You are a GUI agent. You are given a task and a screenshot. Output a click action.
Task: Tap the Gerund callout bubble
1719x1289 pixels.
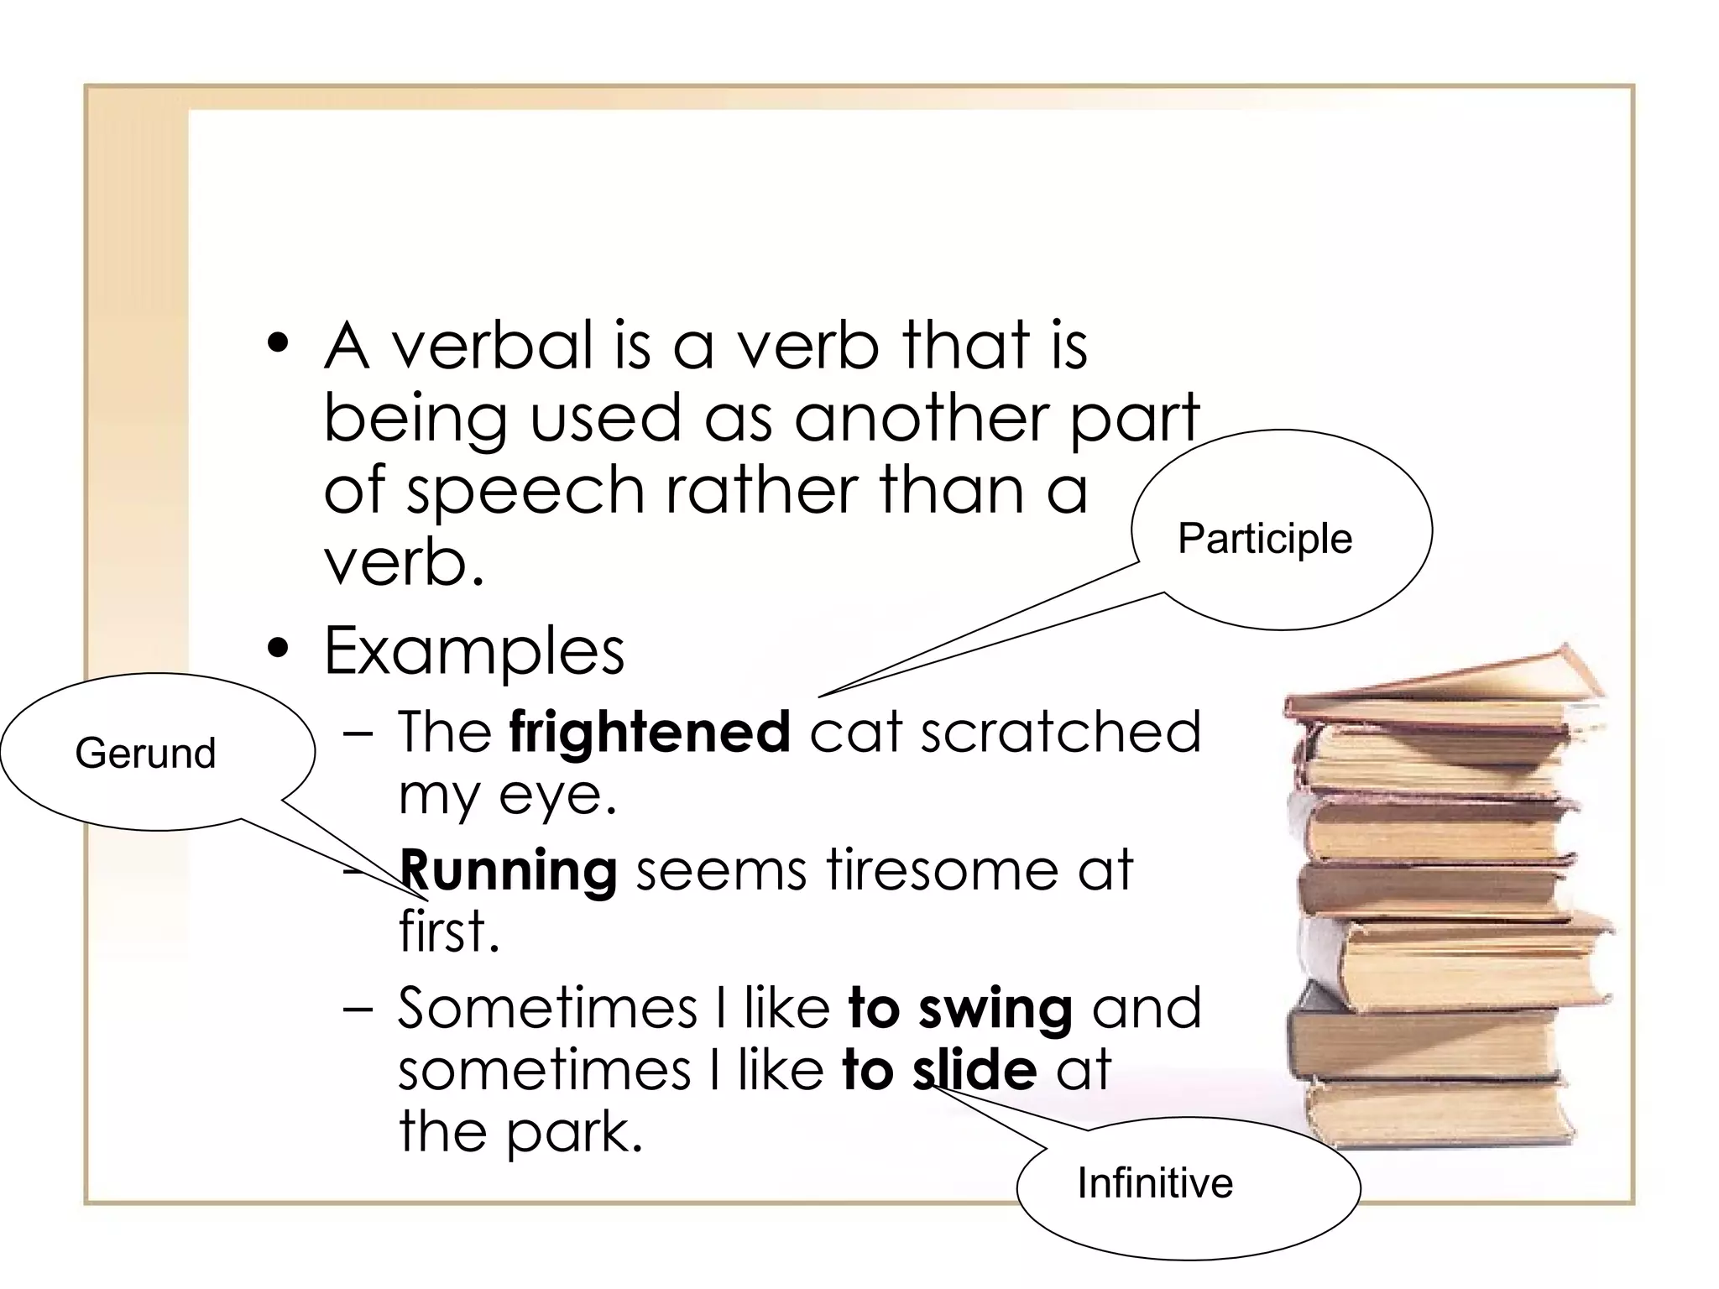point(158,752)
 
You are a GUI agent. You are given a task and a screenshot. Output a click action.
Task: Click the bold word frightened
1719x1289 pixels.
point(650,732)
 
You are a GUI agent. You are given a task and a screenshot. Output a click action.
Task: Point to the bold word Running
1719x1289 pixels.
point(509,871)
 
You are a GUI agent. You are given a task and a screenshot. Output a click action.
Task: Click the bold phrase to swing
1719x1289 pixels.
point(960,1009)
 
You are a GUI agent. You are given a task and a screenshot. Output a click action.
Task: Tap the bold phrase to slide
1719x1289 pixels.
point(939,1071)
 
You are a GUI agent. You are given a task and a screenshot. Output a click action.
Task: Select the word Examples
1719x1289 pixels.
point(474,651)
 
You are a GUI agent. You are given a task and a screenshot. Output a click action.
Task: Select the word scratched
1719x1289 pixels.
point(1061,732)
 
